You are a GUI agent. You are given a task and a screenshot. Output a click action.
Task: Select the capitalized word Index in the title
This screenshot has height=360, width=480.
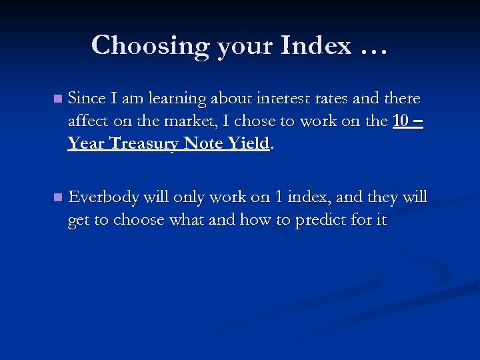pos(316,45)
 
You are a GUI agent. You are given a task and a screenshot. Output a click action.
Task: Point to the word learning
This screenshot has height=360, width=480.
pos(175,99)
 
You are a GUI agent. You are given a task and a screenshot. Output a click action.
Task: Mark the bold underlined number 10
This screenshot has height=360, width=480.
pos(401,121)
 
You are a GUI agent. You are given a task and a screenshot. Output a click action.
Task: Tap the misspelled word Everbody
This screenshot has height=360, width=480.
pos(104,198)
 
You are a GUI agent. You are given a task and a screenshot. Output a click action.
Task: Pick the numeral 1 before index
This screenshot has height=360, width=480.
pos(279,197)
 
